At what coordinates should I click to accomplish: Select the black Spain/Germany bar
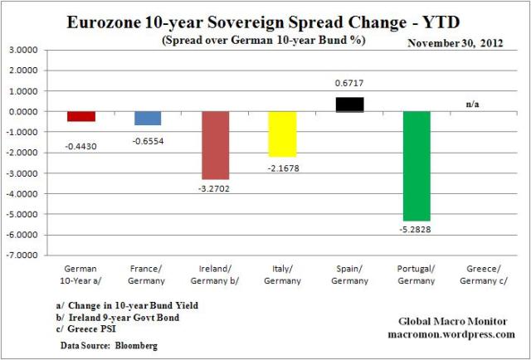coord(348,105)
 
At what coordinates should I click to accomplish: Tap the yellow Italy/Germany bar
coord(282,134)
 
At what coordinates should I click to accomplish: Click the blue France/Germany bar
coord(148,118)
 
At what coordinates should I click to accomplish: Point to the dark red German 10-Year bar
coord(81,116)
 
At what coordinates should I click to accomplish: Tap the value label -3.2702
coord(215,188)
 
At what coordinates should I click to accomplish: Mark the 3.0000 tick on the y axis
coord(34,51)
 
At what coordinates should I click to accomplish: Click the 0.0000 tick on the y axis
coord(34,112)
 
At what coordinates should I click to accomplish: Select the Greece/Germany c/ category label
coord(483,274)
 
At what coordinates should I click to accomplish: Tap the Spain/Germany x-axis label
coord(348,274)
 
